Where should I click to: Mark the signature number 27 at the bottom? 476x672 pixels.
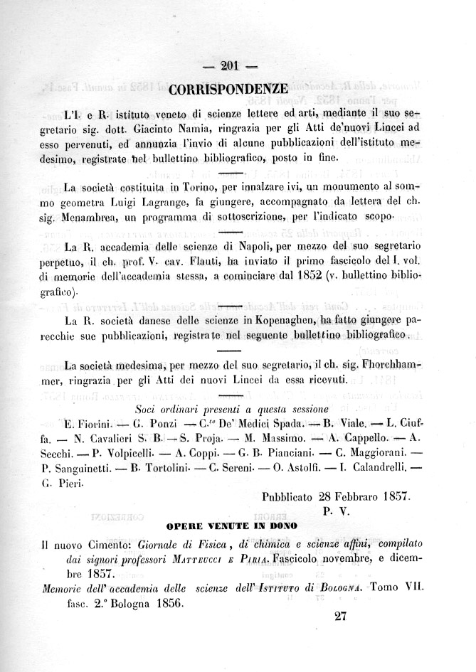(339, 617)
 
